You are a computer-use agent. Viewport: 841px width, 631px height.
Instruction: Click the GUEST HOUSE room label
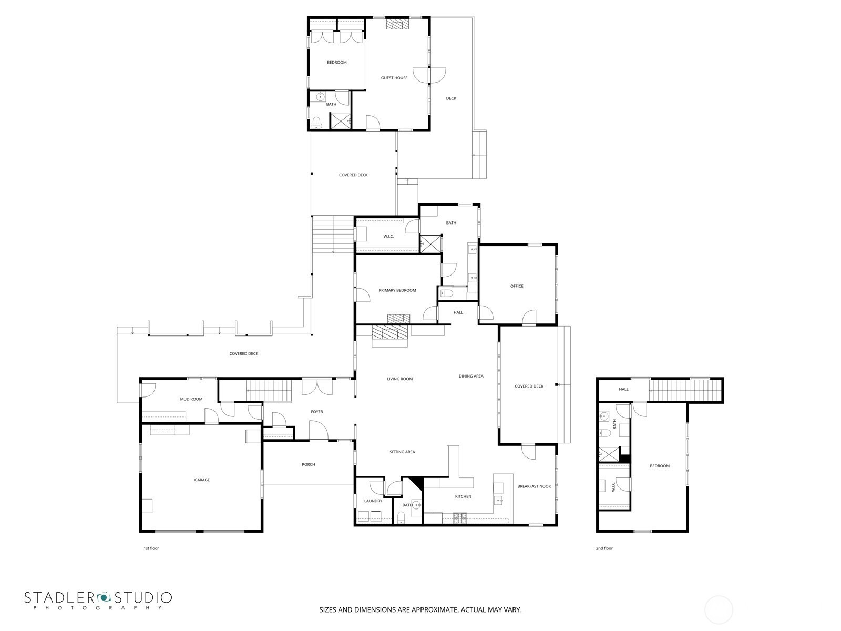[394, 78]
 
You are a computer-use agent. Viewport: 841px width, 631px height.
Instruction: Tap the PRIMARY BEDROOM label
[397, 290]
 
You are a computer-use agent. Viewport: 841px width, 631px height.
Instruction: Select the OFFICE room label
[517, 286]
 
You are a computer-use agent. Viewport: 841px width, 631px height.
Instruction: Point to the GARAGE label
[202, 480]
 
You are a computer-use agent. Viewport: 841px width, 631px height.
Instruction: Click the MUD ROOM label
[191, 399]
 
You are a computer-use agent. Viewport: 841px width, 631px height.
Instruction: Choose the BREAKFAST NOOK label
[534, 486]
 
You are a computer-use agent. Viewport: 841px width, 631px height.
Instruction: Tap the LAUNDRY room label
[373, 501]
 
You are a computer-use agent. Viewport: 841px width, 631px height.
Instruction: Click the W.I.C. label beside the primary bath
[388, 237]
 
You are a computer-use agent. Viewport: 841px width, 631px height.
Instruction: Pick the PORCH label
[309, 464]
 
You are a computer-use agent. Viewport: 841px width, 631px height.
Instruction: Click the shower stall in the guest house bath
[341, 121]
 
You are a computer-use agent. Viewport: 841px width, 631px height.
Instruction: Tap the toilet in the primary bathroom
[447, 294]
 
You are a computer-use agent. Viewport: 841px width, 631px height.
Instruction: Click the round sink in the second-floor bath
[604, 416]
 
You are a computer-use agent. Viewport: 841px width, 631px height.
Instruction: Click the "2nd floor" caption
[604, 548]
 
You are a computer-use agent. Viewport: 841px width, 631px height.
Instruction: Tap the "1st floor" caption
[151, 548]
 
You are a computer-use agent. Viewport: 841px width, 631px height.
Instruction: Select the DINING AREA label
[471, 376]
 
